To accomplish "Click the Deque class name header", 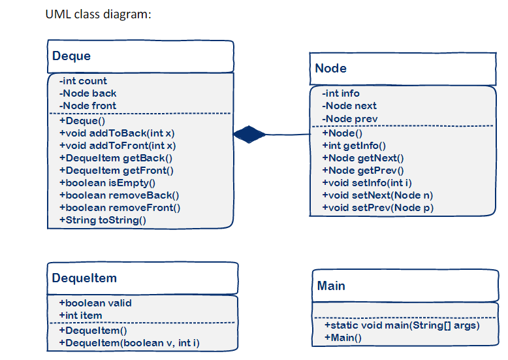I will click(x=72, y=56).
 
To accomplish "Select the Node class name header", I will click(x=331, y=69).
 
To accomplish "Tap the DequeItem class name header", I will click(x=84, y=278).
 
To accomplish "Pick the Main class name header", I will click(x=331, y=286).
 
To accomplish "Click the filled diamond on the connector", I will click(x=249, y=134).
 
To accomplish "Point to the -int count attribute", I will click(x=83, y=81).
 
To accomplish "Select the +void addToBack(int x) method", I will click(x=117, y=133).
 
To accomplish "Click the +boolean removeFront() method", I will click(x=119, y=208).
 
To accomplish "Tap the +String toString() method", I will click(x=103, y=220).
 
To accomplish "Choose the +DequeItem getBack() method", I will click(x=116, y=158).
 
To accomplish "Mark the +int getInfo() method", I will click(x=354, y=145).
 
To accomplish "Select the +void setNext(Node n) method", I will click(x=377, y=195).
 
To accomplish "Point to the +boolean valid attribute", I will click(x=95, y=303).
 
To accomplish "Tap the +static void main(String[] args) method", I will click(x=402, y=325).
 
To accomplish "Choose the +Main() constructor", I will click(x=343, y=338).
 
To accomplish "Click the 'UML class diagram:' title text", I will click(x=99, y=14).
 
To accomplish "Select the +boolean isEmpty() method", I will click(x=107, y=183).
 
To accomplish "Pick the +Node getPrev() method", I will click(x=363, y=170).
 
